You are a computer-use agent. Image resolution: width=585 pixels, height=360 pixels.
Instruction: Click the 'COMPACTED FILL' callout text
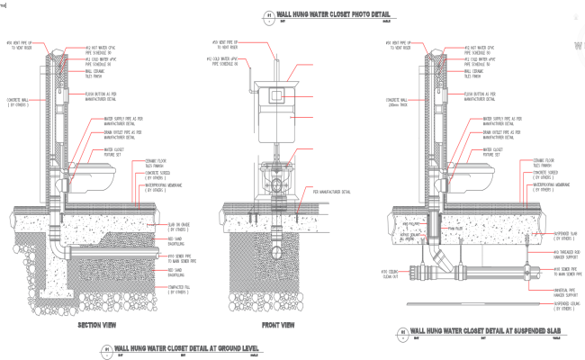(x=178, y=290)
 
